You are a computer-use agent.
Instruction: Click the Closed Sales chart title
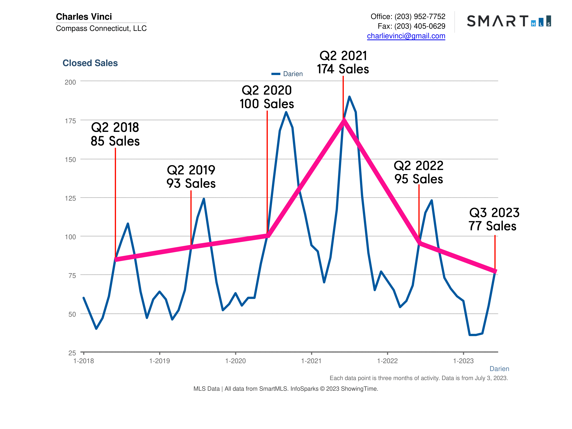tap(90, 63)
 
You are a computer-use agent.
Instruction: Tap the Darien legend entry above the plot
tap(287, 74)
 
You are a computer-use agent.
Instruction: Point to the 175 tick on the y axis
tap(70, 121)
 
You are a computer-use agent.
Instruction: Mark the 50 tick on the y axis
tap(72, 314)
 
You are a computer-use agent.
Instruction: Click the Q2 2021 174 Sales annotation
tap(343, 62)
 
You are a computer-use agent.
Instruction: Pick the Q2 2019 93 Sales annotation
tap(191, 177)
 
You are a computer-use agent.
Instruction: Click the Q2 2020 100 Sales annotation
tap(267, 97)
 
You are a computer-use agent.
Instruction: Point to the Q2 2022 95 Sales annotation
tap(418, 172)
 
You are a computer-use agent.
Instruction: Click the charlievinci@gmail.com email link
tap(406, 36)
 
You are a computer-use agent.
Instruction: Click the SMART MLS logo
tap(509, 21)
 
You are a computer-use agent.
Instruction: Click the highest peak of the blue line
tap(349, 97)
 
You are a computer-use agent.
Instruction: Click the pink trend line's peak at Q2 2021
tap(344, 120)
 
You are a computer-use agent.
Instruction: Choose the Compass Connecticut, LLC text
tap(101, 28)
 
